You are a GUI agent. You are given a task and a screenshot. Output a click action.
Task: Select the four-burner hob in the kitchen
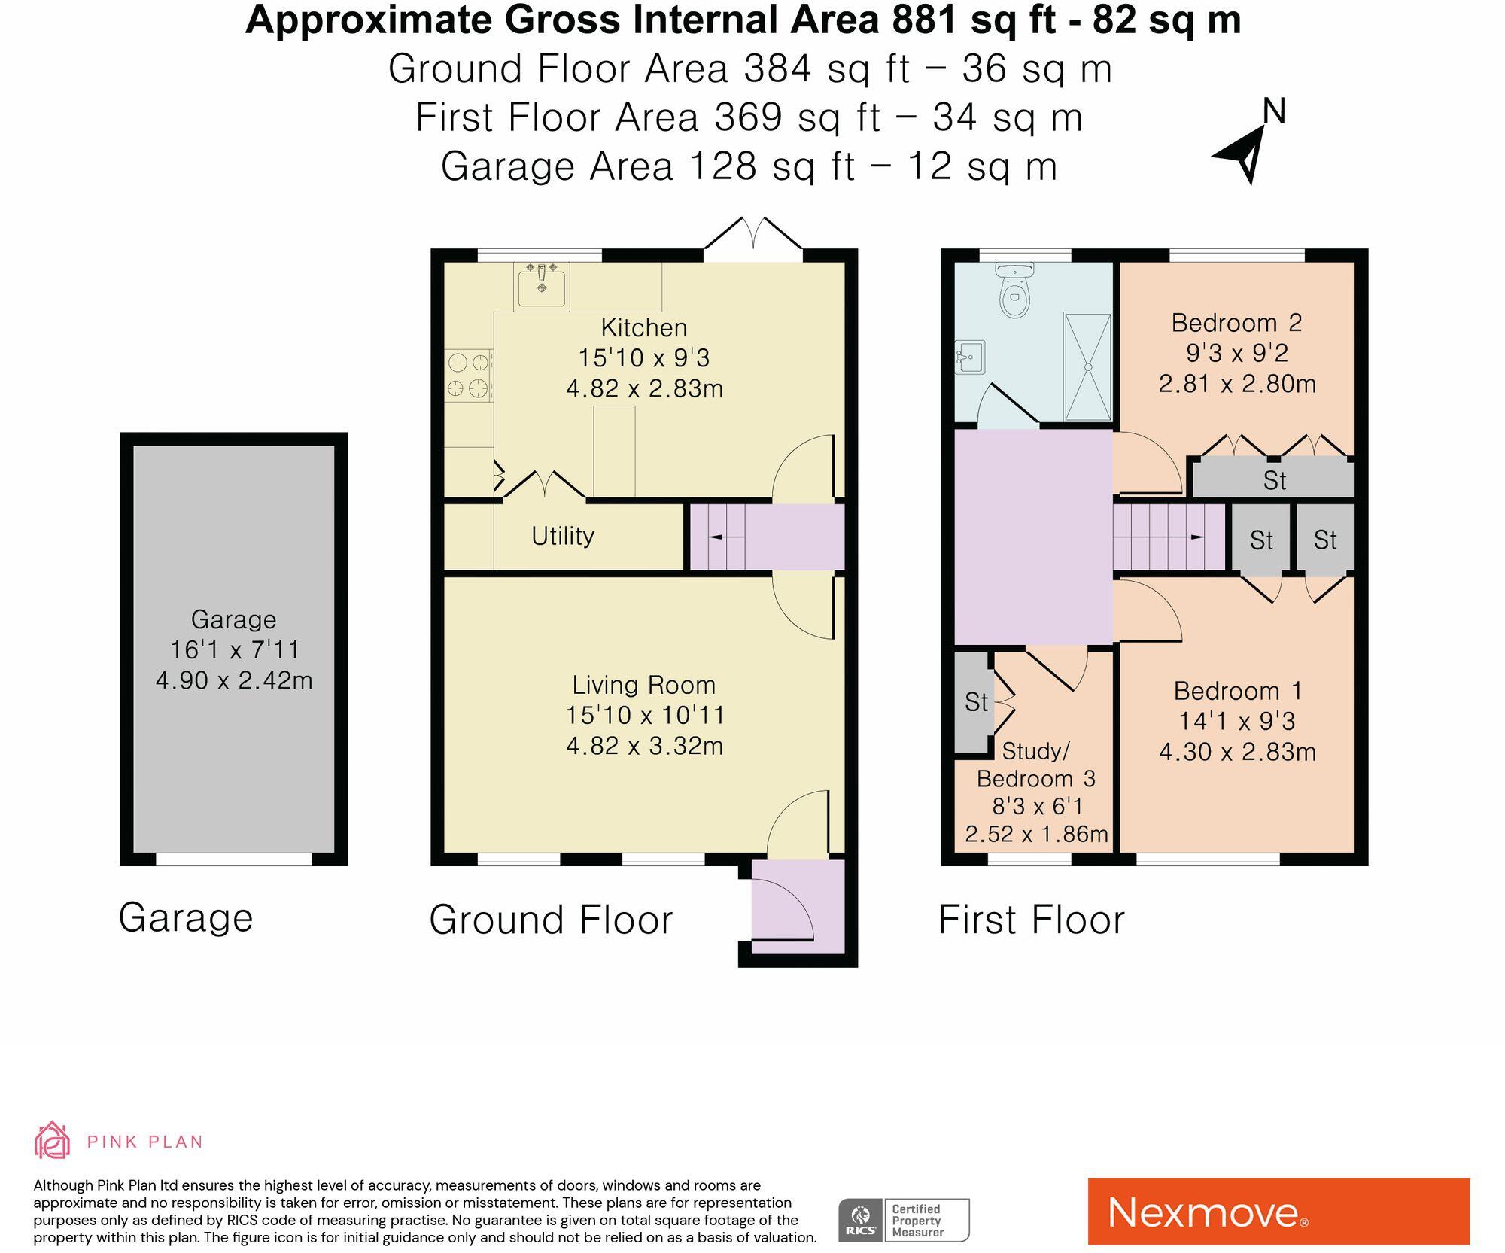pos(468,376)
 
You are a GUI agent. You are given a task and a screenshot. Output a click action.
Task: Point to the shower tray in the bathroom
pos(1087,366)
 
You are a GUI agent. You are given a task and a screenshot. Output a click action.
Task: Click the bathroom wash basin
pos(970,357)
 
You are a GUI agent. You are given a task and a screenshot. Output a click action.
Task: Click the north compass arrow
pos(1239,154)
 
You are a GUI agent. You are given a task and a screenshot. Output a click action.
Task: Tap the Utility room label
pos(563,536)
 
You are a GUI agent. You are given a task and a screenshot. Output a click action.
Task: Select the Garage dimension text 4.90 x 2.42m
pos(234,680)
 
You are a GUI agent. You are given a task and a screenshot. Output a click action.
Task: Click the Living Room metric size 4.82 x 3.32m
pos(645,746)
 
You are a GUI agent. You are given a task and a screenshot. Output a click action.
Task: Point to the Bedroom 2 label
pos(1237,323)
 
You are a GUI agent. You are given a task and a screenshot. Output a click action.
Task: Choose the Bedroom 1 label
pos(1238,691)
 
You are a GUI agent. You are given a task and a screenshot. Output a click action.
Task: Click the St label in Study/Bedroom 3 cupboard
pos(976,702)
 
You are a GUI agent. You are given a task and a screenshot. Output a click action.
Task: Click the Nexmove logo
pos(1278,1212)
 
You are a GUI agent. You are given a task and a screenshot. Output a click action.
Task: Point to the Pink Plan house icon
pos(52,1140)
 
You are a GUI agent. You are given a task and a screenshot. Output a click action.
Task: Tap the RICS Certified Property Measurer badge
pos(904,1221)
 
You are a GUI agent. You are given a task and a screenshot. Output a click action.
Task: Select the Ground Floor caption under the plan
pos(551,920)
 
